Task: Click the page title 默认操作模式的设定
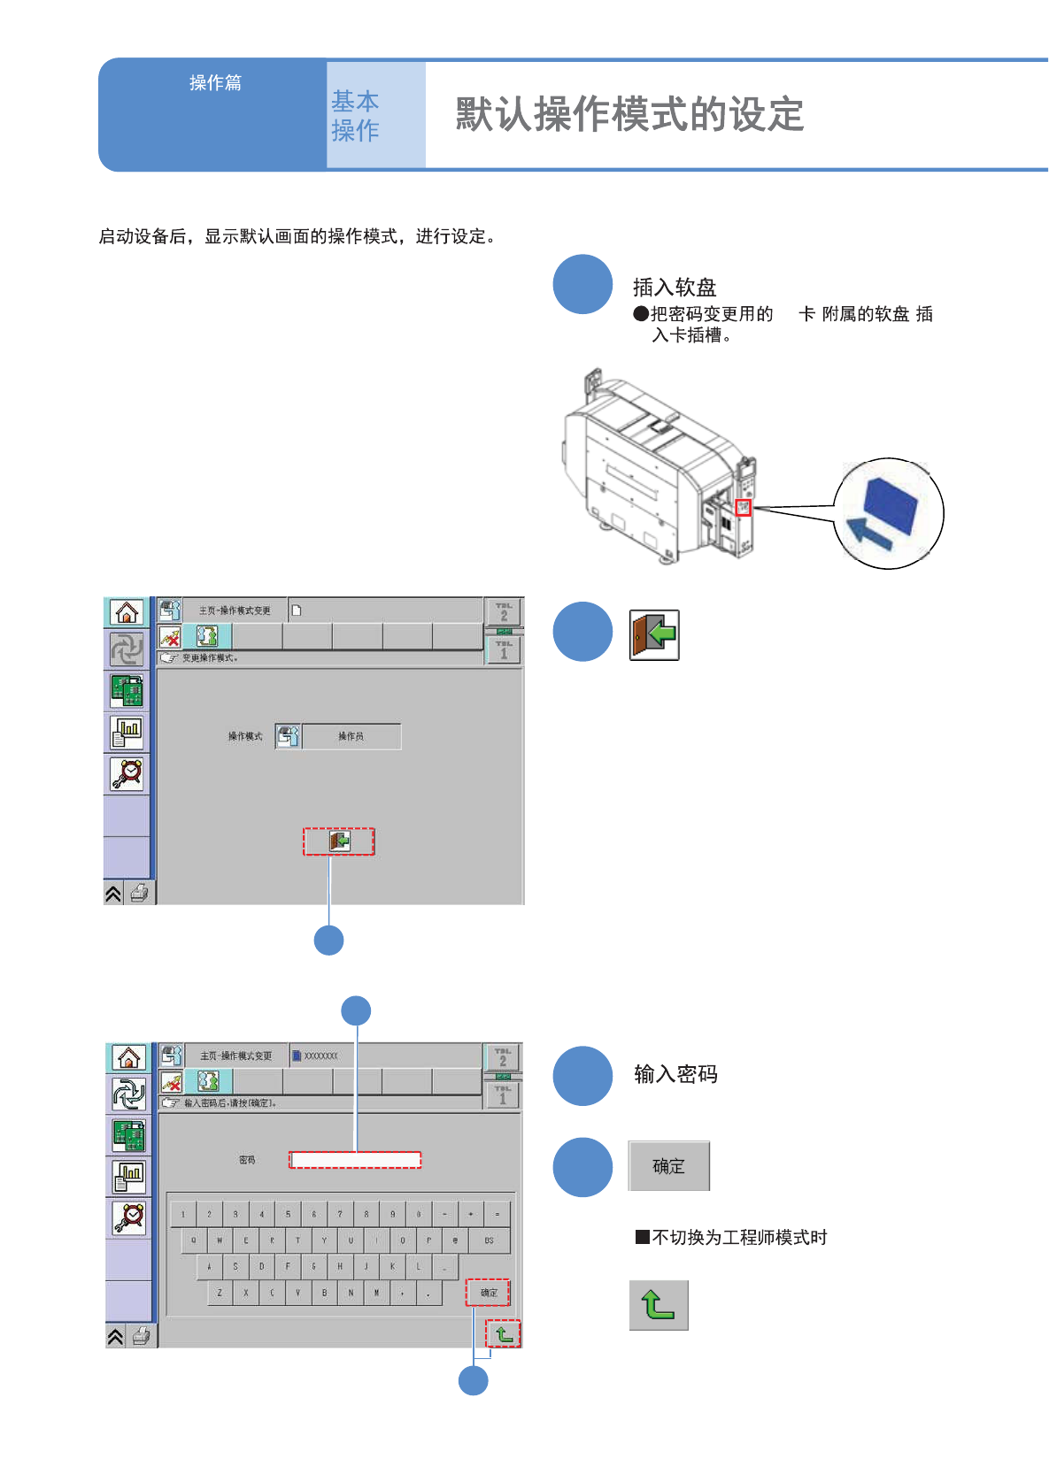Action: coord(629,115)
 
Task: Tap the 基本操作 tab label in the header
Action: coord(355,116)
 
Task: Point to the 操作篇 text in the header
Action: coord(215,83)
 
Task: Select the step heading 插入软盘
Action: coord(675,288)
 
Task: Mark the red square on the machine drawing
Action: coord(744,507)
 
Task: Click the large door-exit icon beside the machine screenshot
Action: coord(654,634)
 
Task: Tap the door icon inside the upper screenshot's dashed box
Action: coord(339,841)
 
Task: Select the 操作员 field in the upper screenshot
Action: coord(351,736)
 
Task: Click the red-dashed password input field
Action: coord(355,1160)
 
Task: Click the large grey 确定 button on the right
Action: coord(669,1166)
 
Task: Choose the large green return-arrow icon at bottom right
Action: coord(659,1305)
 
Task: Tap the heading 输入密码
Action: coord(675,1074)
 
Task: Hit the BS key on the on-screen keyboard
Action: coord(489,1240)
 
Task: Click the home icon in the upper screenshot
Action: coord(127,612)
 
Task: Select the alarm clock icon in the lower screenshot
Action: coord(129,1217)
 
